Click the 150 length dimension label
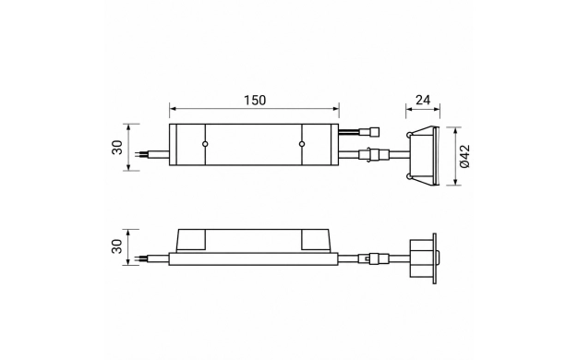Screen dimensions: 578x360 (x=255, y=101)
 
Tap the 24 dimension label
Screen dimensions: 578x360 (x=423, y=100)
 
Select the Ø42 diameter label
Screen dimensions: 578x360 (x=465, y=156)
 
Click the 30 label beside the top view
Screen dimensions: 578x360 (x=117, y=148)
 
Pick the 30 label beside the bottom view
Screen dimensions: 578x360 (x=117, y=246)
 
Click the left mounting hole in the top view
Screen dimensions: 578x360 (x=205, y=144)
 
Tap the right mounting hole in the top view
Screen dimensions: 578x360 (x=302, y=144)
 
